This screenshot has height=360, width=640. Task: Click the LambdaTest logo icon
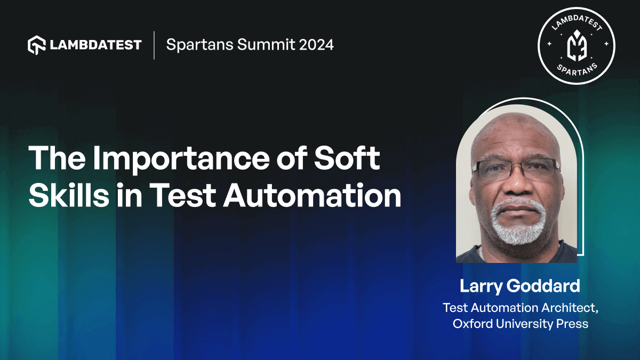click(x=36, y=45)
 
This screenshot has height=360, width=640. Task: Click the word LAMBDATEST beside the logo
click(x=96, y=45)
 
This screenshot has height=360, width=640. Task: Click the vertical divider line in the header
click(x=154, y=45)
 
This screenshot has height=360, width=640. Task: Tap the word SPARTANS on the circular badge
click(x=576, y=69)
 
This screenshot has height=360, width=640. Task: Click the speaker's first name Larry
click(x=479, y=286)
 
